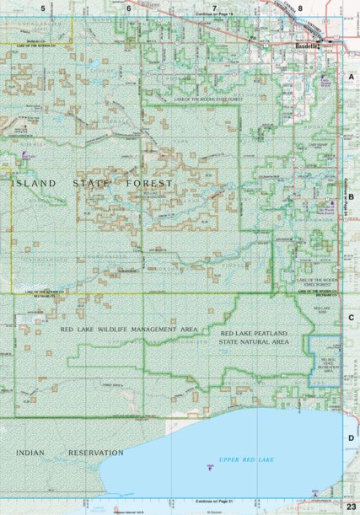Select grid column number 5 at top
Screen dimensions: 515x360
[x=43, y=8]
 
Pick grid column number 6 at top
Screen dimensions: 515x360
[x=129, y=8]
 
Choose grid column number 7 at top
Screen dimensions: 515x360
[x=215, y=8]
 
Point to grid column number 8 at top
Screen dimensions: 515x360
[x=300, y=8]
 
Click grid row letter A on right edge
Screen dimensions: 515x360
[x=351, y=76]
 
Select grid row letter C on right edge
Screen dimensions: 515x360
[x=351, y=317]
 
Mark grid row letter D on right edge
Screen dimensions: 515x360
[x=351, y=438]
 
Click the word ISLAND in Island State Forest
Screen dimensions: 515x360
[x=35, y=183]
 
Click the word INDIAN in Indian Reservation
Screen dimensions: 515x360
[x=32, y=453]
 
